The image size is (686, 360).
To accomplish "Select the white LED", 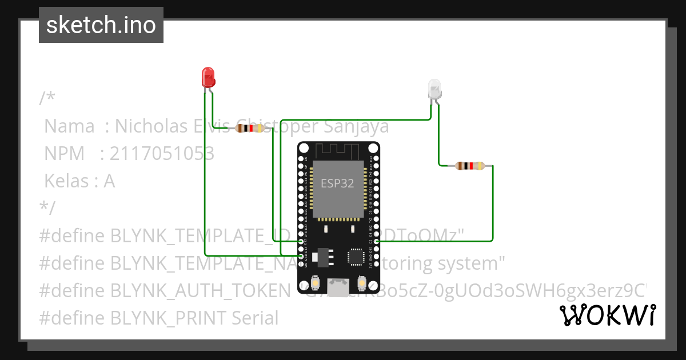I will pyautogui.click(x=435, y=89).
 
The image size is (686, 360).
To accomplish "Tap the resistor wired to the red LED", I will pyautogui.click(x=249, y=129).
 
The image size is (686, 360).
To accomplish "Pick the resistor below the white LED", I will pyautogui.click(x=470, y=166).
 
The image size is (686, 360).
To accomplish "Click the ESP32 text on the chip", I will pyautogui.click(x=337, y=183).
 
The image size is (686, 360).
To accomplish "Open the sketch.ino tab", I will pyautogui.click(x=101, y=25).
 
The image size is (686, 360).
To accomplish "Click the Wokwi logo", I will pyautogui.click(x=608, y=315).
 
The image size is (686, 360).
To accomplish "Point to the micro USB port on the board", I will pyautogui.click(x=338, y=286).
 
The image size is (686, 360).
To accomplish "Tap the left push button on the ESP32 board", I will pyautogui.click(x=315, y=283).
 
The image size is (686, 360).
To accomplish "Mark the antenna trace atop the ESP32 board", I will pyautogui.click(x=338, y=150).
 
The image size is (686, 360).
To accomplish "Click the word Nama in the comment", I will pyautogui.click(x=69, y=126).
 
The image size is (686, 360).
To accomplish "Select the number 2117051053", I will pyautogui.click(x=162, y=154).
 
